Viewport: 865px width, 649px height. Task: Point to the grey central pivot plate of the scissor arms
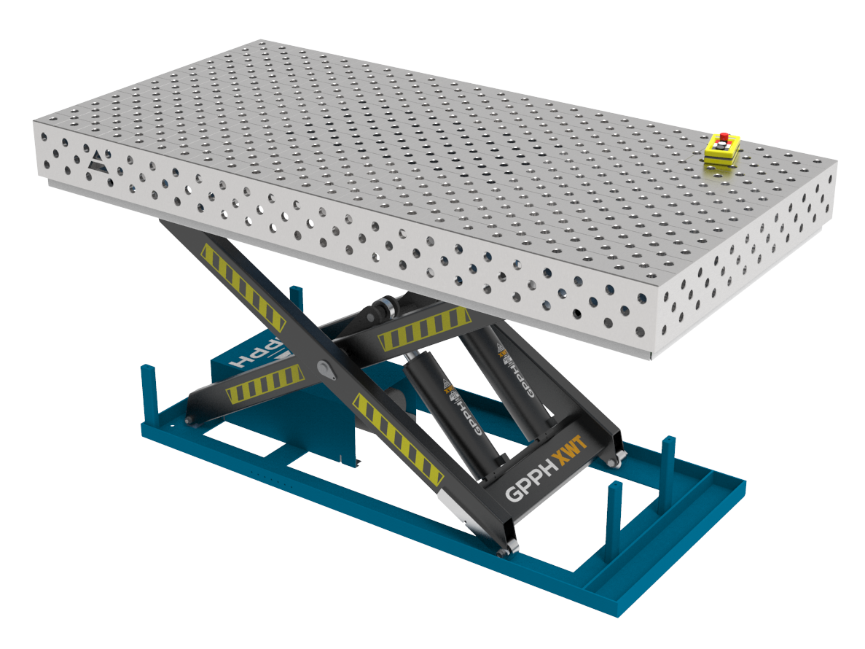click(327, 370)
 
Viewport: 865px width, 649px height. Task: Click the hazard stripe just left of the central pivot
click(264, 384)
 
